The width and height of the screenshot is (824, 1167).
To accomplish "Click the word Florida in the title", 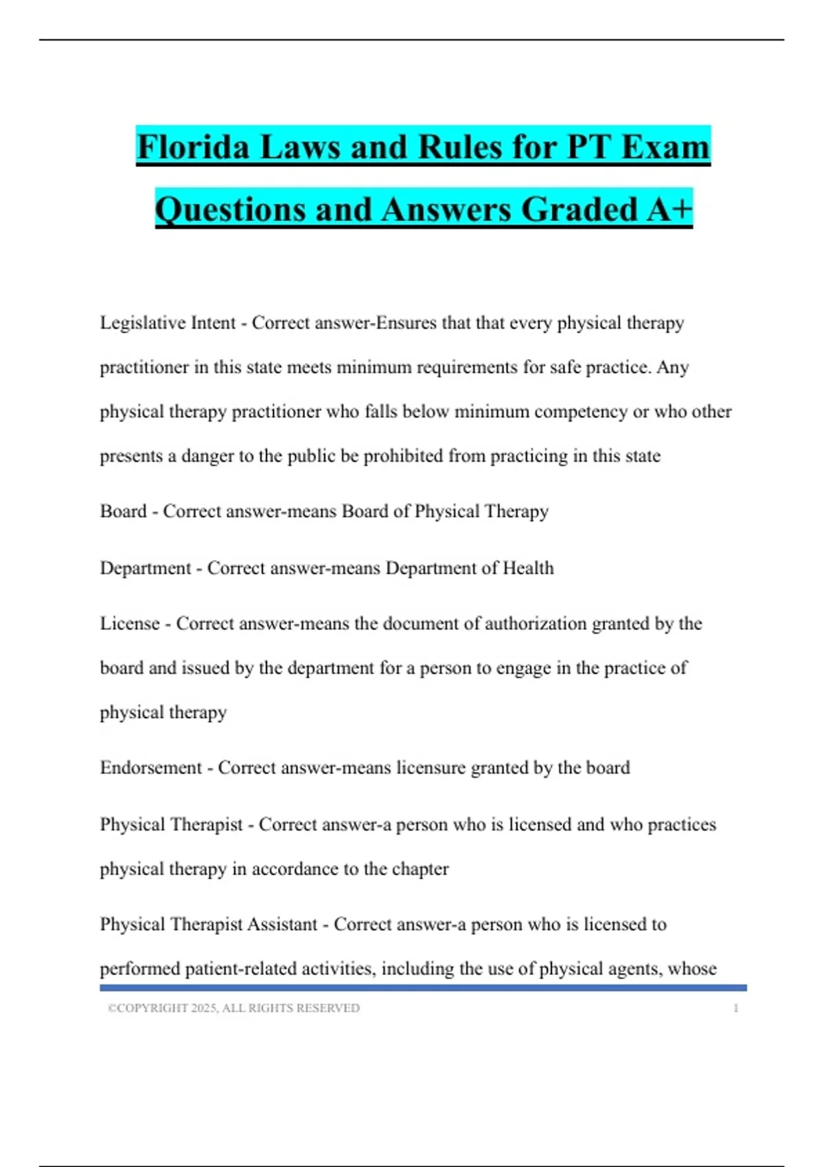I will tap(192, 147).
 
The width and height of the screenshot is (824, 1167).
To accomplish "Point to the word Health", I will tap(528, 568).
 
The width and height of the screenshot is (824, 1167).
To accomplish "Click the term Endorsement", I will tap(150, 768).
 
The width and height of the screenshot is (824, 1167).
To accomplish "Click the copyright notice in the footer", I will tap(233, 1008).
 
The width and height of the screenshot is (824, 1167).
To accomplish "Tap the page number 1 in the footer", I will tap(735, 1008).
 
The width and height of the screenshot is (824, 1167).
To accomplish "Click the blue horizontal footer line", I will tap(423, 988).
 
